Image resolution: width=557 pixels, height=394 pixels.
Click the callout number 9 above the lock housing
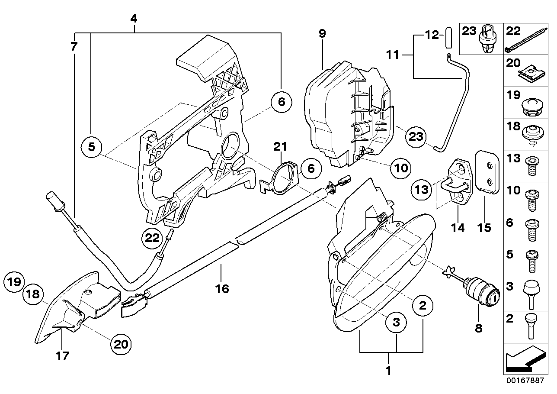coord(323,34)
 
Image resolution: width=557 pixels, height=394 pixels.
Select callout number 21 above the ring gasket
coord(280,147)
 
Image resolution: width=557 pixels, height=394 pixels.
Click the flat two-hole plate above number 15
coord(488,171)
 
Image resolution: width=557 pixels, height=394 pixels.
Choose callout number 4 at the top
coord(134,19)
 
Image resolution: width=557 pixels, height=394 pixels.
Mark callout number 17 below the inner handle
coord(63,356)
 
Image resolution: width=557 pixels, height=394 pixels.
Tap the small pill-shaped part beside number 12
coord(448,34)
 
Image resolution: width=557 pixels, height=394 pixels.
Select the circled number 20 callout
coord(121,344)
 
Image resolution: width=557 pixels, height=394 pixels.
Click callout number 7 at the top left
coord(74,46)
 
